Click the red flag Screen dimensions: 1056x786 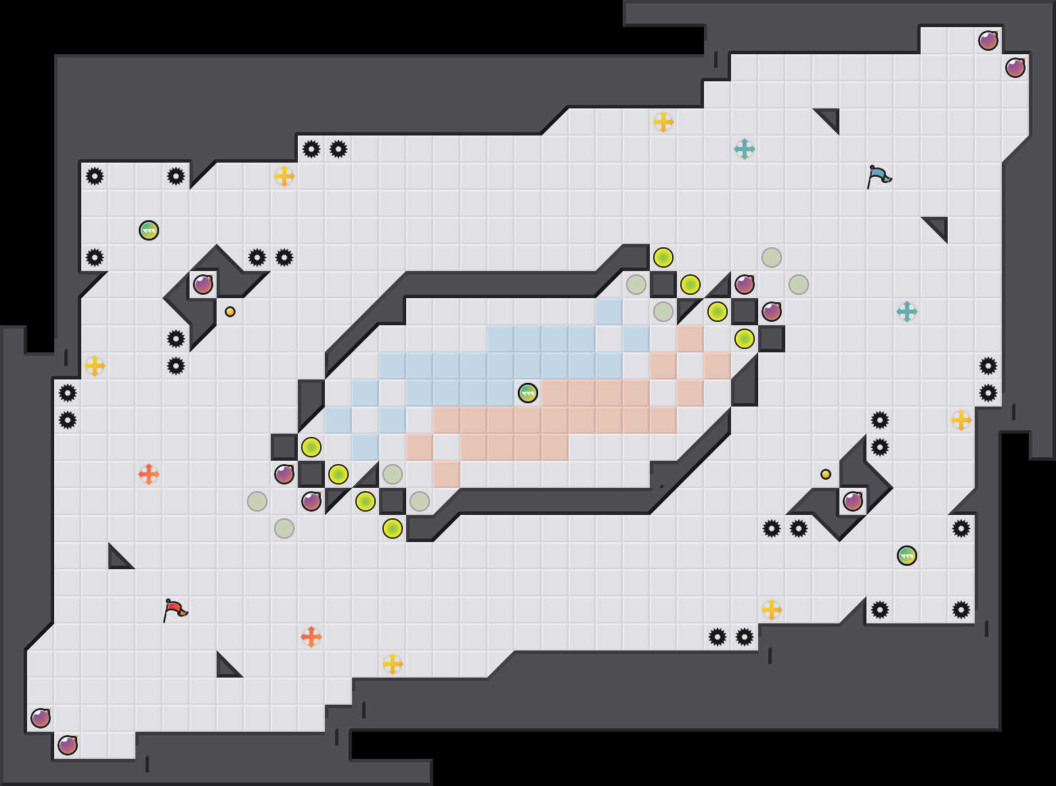pos(175,610)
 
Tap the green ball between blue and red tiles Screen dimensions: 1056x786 pos(528,393)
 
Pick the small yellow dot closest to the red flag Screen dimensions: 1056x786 pos(230,312)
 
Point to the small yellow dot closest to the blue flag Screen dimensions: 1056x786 pos(826,474)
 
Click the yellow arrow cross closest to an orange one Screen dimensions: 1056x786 pos(393,664)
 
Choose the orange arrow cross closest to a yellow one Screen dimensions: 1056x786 pos(311,637)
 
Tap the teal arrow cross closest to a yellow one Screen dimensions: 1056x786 pos(745,149)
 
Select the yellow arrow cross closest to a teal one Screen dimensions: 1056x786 pos(663,122)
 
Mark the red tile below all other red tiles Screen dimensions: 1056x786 pos(447,474)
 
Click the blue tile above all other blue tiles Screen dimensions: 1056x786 pos(609,312)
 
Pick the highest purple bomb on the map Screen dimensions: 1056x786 pos(988,41)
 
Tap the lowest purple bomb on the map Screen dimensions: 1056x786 pos(68,745)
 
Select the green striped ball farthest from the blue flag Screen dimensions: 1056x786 pos(149,230)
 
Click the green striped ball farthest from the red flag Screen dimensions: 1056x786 pos(907,556)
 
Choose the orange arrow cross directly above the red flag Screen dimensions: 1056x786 pos(149,474)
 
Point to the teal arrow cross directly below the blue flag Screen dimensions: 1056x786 pos(907,312)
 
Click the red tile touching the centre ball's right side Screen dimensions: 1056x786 pos(555,393)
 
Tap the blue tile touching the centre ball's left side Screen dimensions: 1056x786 pos(501,393)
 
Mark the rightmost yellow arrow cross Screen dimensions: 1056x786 pos(961,420)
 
